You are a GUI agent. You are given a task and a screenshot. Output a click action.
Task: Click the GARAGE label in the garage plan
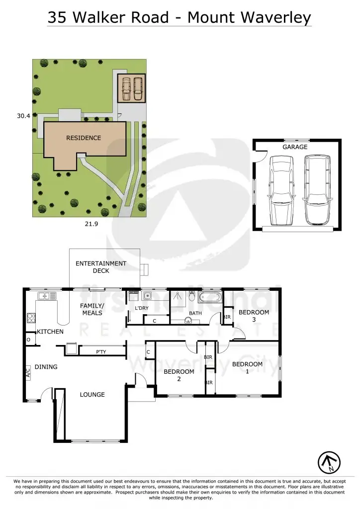[x=295, y=147]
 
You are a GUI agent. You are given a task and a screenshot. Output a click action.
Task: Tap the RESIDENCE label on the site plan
[x=84, y=138]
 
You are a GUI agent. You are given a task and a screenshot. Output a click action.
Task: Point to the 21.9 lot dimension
[x=90, y=224]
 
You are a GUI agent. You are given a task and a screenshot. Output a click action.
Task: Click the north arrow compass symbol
[x=328, y=462]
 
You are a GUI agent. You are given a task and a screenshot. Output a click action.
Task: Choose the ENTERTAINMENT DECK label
[x=101, y=267]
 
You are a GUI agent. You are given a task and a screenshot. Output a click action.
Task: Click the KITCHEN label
[x=50, y=331]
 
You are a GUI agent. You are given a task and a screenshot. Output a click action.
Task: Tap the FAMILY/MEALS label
[x=92, y=309]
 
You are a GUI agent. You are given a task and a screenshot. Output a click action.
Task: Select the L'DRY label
[x=142, y=309]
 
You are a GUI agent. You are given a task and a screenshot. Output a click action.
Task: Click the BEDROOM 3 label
[x=254, y=316]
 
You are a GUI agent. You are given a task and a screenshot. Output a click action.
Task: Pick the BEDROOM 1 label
[x=247, y=368]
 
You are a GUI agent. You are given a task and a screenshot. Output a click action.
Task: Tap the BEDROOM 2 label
[x=179, y=375]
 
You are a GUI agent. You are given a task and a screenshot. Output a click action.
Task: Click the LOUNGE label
[x=92, y=394]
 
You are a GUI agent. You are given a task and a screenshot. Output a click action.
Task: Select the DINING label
[x=46, y=367]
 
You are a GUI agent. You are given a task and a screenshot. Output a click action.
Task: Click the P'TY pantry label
[x=101, y=352]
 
